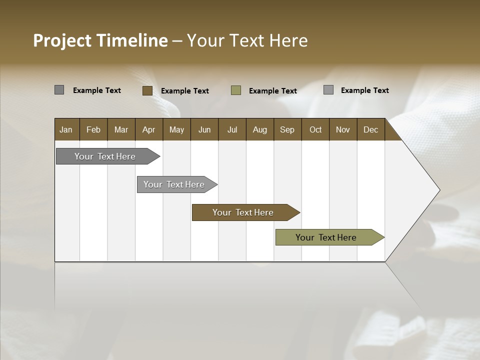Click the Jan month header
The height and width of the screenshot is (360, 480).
[x=66, y=129]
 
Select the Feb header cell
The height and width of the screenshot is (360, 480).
[x=93, y=129]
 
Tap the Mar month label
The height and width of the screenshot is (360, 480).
[x=121, y=129]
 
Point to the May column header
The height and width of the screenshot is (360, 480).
[x=176, y=129]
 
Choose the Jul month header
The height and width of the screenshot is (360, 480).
[x=232, y=129]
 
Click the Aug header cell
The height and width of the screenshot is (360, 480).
[x=260, y=129]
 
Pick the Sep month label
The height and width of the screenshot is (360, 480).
[x=287, y=129]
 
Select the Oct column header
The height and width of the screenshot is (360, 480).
[x=315, y=129]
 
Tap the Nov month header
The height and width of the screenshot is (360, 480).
[x=343, y=129]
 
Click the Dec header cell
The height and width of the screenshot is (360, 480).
[x=370, y=129]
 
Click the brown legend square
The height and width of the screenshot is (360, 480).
[x=147, y=90]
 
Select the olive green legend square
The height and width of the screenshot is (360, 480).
[x=236, y=90]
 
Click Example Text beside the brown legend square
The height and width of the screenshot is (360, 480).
[x=185, y=91]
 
